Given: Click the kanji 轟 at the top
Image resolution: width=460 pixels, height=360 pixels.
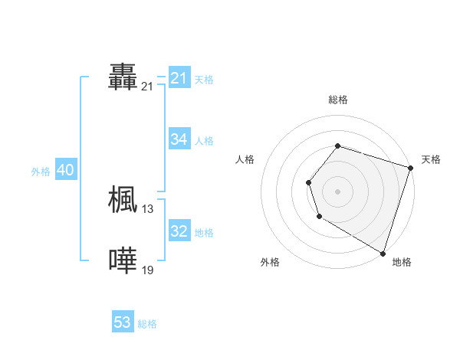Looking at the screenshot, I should click(x=123, y=78).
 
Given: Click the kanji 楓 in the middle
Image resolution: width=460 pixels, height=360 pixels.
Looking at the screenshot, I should click(x=123, y=199).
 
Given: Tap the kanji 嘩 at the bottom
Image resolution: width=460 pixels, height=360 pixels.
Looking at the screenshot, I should click(x=123, y=260).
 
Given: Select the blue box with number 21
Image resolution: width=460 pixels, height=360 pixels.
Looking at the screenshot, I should click(x=179, y=78).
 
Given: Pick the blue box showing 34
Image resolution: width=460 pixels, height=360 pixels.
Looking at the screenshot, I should click(x=179, y=139).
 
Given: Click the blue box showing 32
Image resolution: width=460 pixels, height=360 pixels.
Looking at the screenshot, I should click(x=179, y=231).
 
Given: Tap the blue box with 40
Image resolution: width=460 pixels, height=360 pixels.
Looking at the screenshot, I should click(x=65, y=170).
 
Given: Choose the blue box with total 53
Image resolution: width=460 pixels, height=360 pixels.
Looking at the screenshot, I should click(x=123, y=322).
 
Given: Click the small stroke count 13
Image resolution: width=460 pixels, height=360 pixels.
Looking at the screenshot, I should click(x=148, y=209).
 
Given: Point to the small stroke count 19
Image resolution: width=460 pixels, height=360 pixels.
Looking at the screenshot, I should click(x=148, y=270).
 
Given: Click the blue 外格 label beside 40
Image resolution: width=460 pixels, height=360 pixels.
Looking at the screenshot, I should click(x=41, y=172).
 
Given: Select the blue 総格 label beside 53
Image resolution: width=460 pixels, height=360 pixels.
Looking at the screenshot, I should click(x=147, y=324).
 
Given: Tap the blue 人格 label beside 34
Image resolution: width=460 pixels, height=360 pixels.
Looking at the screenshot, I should click(x=204, y=141).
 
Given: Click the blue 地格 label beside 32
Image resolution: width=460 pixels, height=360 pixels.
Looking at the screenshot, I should click(x=204, y=233).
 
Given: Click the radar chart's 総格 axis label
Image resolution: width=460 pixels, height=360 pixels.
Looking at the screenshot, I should click(x=337, y=100).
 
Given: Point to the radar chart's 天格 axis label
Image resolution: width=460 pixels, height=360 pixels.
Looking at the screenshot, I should click(x=431, y=159).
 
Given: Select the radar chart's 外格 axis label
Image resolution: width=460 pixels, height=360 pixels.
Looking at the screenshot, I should click(x=270, y=263).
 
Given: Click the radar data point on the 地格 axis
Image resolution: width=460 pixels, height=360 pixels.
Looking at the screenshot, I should click(x=383, y=253).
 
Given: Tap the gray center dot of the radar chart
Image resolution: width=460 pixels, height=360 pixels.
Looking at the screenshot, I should click(x=337, y=191).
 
